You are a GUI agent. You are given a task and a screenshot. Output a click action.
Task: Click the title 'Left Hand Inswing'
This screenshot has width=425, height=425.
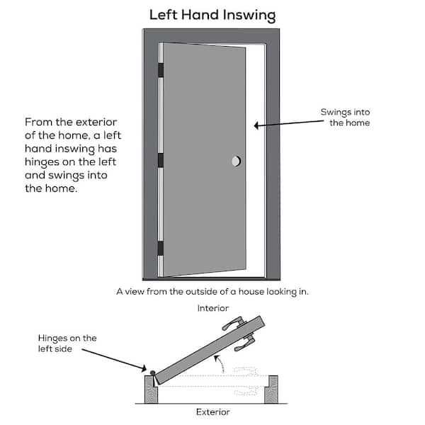pos(212,15)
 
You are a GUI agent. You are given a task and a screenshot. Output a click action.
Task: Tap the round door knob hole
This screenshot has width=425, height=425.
pos(236,162)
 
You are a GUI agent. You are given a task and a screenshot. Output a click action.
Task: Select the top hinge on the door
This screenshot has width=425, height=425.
pos(161,70)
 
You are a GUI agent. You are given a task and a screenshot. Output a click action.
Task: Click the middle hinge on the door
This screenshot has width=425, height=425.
pos(161,160)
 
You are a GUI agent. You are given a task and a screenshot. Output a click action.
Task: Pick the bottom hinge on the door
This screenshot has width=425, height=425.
pos(161,248)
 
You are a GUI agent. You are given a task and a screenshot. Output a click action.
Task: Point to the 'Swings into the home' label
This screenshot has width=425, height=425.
pos(345,118)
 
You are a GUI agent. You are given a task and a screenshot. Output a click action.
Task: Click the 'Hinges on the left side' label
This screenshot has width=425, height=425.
pos(68,344)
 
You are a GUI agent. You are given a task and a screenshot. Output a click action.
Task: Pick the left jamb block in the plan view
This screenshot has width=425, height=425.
pos(151,389)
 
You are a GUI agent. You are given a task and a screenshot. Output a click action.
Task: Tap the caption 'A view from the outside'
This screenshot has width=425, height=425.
pos(212,291)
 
